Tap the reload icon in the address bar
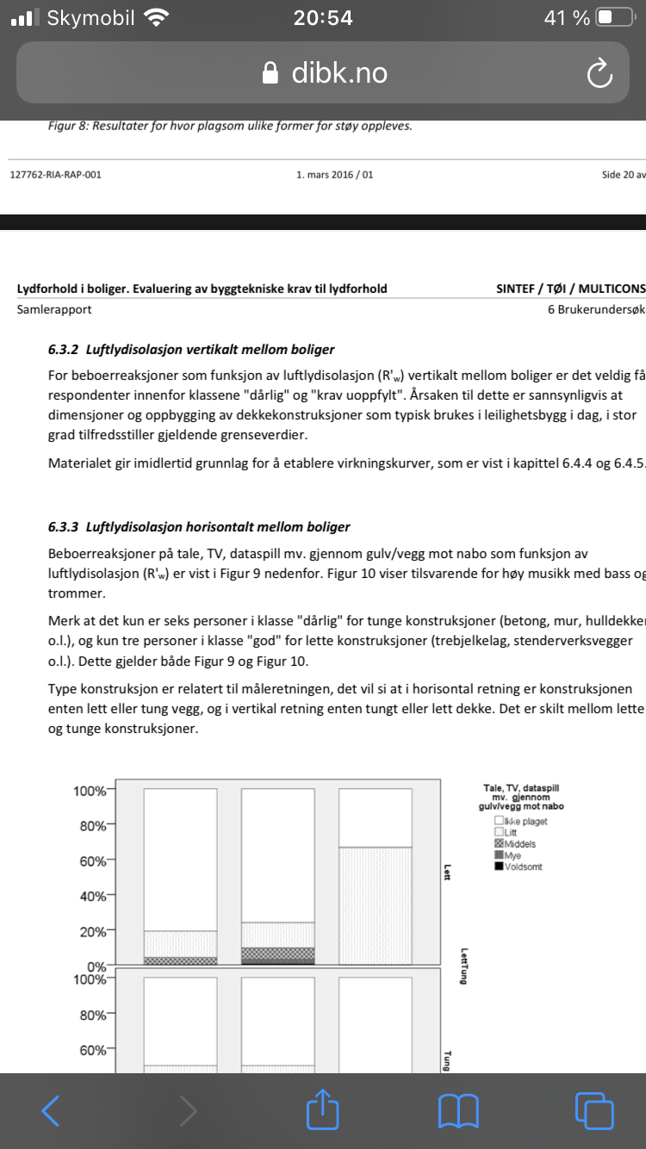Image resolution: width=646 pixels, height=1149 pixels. (x=599, y=74)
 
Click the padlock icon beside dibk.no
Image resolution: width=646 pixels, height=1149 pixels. (x=271, y=73)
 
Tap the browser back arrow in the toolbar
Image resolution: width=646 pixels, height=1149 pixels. (x=51, y=1110)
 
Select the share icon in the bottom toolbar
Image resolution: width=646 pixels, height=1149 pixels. (x=322, y=1109)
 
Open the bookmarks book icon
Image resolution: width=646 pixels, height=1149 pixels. (x=458, y=1110)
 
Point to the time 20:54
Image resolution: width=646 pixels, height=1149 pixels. (x=323, y=18)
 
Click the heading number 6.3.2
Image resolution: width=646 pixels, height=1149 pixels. (x=63, y=350)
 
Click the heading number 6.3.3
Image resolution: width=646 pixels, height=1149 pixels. (x=63, y=526)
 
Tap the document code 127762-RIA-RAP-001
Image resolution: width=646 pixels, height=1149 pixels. (x=56, y=175)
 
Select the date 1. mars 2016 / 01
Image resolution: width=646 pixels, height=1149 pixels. (x=334, y=175)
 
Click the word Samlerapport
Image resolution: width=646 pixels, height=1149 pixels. (x=54, y=309)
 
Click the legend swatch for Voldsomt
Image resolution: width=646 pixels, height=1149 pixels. (x=499, y=866)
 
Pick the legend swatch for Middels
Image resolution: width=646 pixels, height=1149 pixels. (x=499, y=844)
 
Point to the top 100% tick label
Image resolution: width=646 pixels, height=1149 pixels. (x=90, y=791)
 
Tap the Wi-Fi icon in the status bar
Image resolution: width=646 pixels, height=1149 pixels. (x=156, y=17)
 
